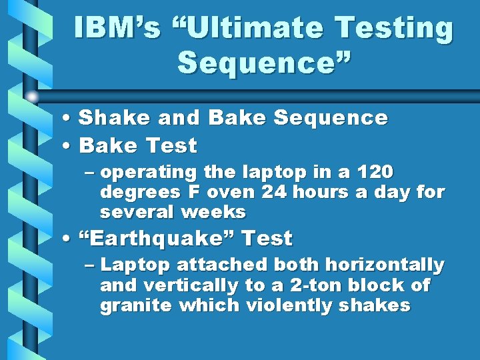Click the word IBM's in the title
click(117, 28)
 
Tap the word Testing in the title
click(394, 28)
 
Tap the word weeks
click(216, 213)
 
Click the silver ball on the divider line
click(32, 97)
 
